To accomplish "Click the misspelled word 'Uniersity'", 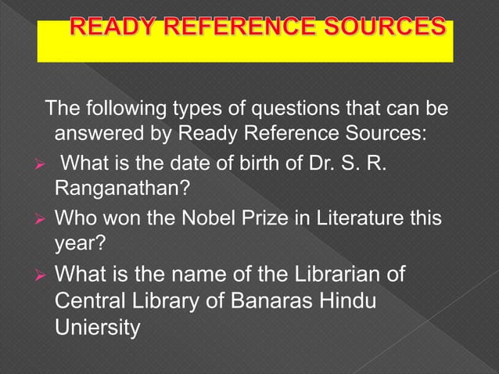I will pos(99,327).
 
